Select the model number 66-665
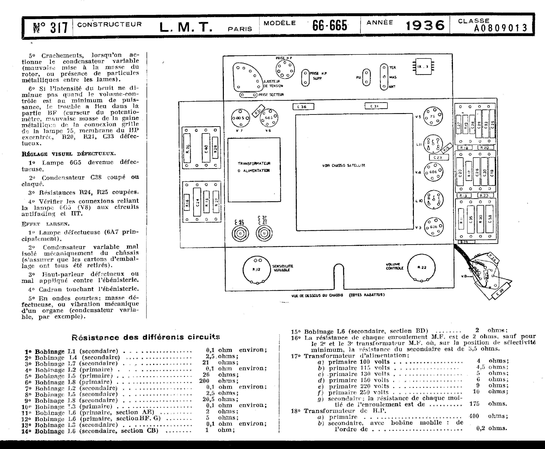[x=330, y=25]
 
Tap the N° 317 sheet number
[x=50, y=27]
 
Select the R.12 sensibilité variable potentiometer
[x=256, y=270]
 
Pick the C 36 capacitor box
[x=303, y=107]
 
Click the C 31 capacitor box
[x=376, y=106]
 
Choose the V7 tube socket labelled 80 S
[x=240, y=118]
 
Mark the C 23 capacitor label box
[x=439, y=157]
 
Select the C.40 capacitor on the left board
[x=206, y=148]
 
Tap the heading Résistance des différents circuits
[x=146, y=337]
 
